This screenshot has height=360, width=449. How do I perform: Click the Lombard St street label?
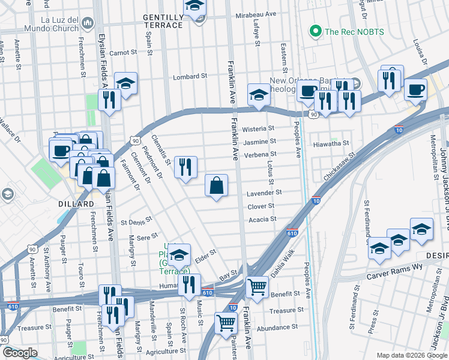tap(190, 77)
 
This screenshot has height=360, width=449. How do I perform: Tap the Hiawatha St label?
tap(331, 144)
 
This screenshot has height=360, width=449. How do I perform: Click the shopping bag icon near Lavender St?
tap(216, 185)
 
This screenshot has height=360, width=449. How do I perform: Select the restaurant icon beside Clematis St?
tap(185, 166)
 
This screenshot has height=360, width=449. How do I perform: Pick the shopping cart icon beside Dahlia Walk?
tap(257, 287)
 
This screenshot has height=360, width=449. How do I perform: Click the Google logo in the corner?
tap(19, 353)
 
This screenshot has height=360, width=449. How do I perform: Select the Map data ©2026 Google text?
tap(411, 355)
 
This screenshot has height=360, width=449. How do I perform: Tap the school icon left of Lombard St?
tap(126, 83)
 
